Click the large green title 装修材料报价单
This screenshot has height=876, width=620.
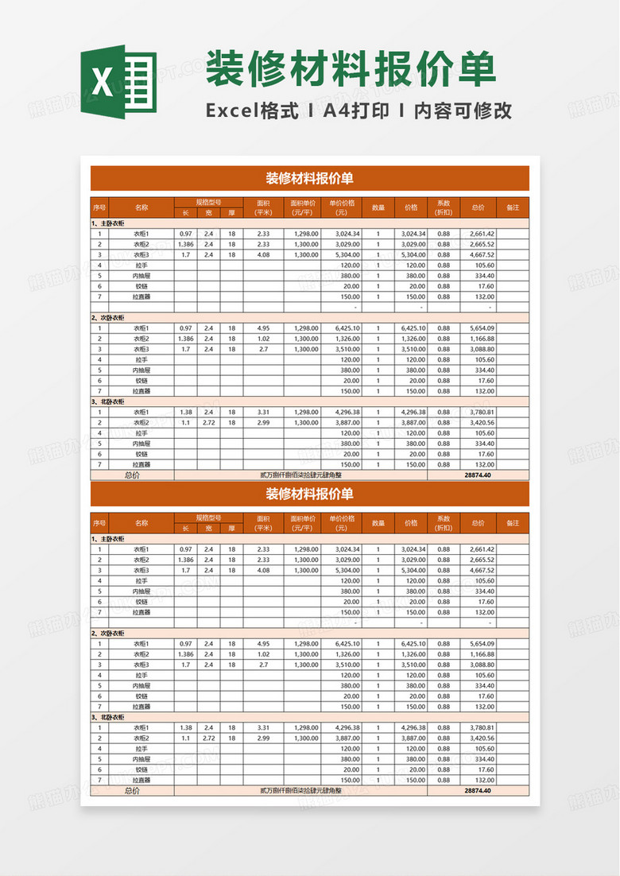[x=351, y=70]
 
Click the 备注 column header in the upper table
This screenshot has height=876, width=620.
[x=512, y=207]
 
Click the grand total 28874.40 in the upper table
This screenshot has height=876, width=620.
[x=478, y=475]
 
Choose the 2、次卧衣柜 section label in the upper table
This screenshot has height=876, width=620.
[x=110, y=317]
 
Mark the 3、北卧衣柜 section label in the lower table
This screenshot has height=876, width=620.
[x=110, y=717]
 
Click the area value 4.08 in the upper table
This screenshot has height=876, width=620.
[x=263, y=255]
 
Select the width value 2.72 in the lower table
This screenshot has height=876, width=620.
[x=208, y=738]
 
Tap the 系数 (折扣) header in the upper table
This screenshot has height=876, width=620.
[x=444, y=207]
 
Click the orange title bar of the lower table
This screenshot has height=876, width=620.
[x=309, y=494]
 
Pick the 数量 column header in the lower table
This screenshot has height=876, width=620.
[x=378, y=523]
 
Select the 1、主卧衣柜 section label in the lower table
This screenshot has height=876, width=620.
[x=110, y=539]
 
